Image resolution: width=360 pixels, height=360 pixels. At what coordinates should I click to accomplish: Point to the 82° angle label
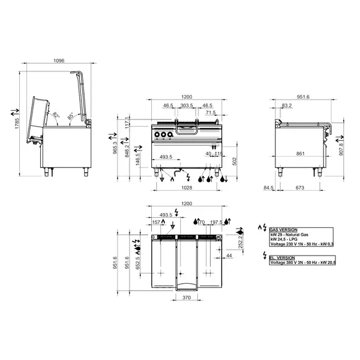pos(56,115)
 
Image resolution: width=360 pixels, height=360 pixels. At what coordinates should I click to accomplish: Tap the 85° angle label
pos(70,116)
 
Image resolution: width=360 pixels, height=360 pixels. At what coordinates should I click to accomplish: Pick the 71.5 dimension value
pos(211,112)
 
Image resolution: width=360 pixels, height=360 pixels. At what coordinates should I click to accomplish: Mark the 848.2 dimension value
pos(127,149)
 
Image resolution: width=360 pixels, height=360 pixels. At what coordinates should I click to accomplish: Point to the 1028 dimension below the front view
pos(187,188)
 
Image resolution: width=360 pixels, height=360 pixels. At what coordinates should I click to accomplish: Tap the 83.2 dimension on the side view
pos(286,105)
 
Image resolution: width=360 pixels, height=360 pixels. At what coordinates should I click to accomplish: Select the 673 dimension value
pos(298,188)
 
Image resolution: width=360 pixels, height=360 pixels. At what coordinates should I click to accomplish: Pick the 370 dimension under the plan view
pos(186,298)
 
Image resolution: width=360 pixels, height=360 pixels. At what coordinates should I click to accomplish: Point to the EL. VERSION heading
pos(281,257)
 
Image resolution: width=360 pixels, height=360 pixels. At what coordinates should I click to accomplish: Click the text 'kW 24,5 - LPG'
pos(285,239)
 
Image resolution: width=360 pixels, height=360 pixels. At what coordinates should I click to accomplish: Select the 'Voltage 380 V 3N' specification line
pos(302,262)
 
